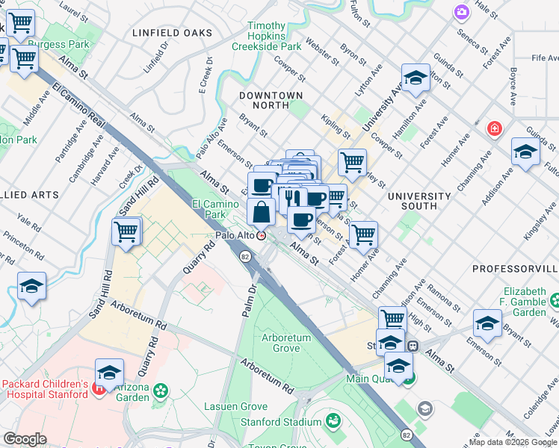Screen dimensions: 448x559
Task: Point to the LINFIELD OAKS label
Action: point(172,34)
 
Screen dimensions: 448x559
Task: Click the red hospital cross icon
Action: point(493,129)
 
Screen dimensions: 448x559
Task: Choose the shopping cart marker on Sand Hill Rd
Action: point(126,231)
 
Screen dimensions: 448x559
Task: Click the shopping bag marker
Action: point(261,212)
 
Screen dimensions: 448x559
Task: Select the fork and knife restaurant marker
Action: point(292,198)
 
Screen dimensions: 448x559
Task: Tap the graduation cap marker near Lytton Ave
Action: point(415,77)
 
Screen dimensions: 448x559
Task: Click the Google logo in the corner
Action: point(25,439)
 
